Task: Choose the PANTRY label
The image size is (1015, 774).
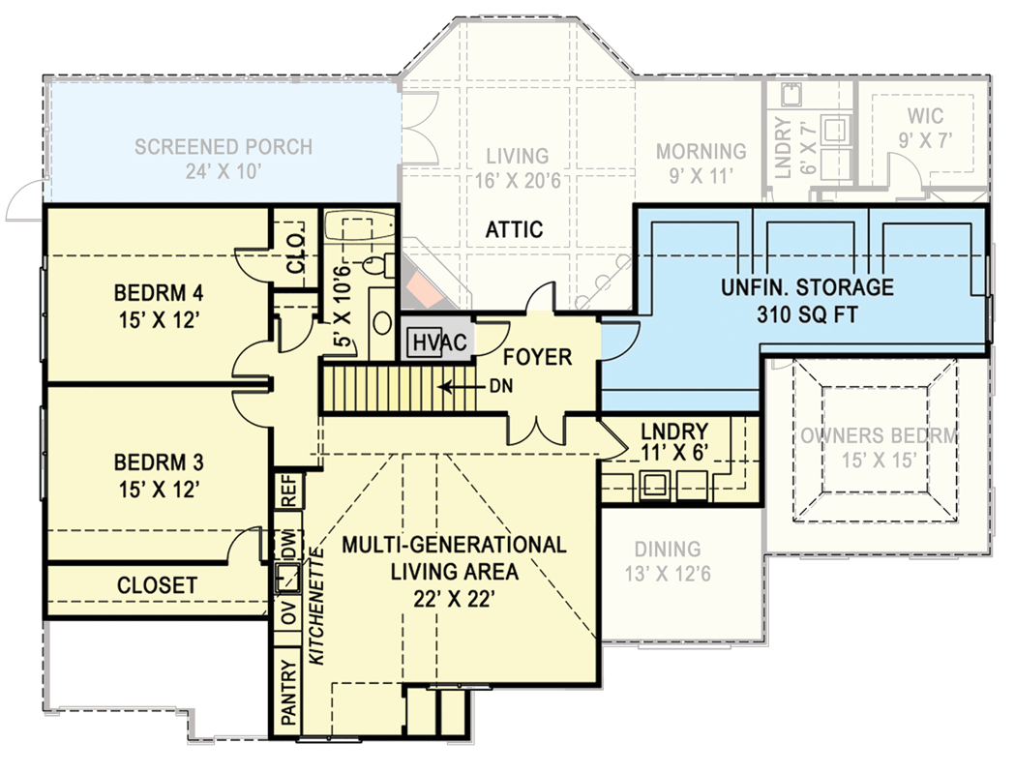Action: click(x=287, y=693)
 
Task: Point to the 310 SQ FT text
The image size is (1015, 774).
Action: click(x=807, y=313)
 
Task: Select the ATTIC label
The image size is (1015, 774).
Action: click(x=514, y=230)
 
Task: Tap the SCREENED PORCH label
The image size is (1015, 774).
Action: click(x=224, y=147)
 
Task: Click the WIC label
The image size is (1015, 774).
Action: click(x=925, y=116)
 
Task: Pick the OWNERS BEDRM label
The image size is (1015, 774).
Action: click(x=879, y=435)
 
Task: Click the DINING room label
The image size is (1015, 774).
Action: click(x=669, y=549)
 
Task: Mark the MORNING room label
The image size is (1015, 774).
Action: click(x=702, y=152)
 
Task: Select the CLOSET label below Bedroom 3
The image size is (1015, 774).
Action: click(x=157, y=585)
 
